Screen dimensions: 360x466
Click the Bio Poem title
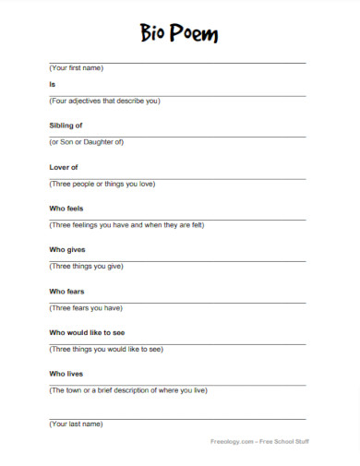click(180, 35)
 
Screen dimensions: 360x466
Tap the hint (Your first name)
click(76, 68)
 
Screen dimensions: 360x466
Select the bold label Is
click(52, 84)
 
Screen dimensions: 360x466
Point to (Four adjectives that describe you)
click(104, 101)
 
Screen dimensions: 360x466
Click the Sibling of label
click(66, 125)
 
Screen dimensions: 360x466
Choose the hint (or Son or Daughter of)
click(86, 142)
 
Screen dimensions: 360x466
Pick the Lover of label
click(63, 167)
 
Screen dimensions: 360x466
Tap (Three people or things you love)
click(102, 184)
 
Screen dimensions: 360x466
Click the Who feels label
click(66, 209)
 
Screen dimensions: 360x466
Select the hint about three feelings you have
click(126, 225)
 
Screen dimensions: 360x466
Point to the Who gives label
click(66, 250)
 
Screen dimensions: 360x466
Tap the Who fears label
click(66, 292)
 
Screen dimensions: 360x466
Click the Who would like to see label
click(88, 333)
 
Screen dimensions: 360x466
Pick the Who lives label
click(65, 374)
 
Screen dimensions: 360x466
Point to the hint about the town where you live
click(127, 390)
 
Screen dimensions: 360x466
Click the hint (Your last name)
click(76, 424)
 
